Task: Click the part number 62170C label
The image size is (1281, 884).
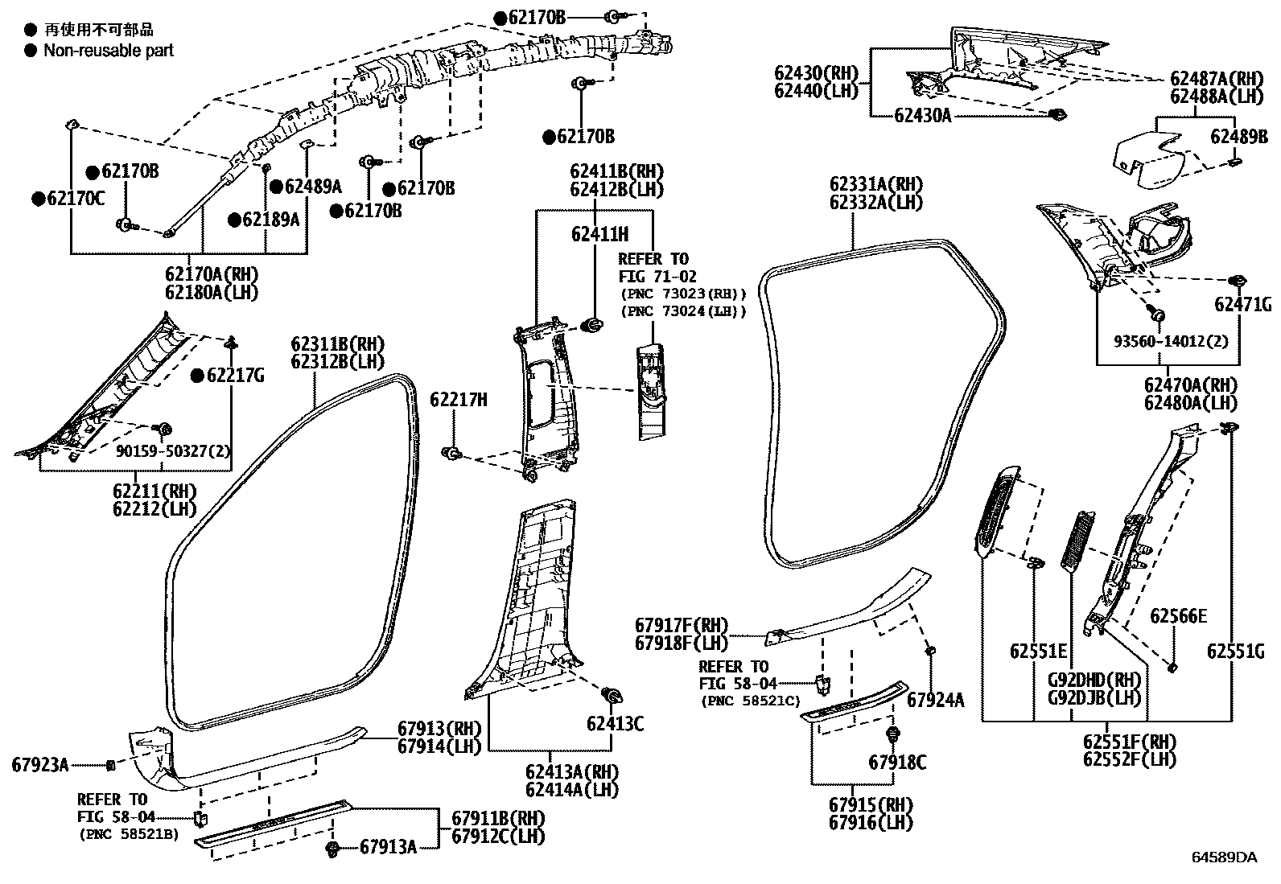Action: coord(74,199)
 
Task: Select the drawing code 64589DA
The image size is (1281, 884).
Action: coord(1224,857)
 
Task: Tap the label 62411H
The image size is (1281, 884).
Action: coord(599,234)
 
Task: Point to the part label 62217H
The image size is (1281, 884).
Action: coord(458,400)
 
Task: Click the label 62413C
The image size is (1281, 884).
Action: coord(615,723)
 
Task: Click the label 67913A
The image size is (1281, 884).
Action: coord(388,846)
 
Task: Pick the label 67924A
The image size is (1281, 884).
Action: coord(935,700)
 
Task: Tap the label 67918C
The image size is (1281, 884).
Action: coord(897,762)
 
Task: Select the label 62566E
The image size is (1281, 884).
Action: coord(1178,616)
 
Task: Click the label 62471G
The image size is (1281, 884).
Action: coord(1243,304)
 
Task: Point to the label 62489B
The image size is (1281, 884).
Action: coord(1239,137)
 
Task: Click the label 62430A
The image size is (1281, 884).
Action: coord(922,115)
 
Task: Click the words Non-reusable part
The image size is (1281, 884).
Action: coord(108,51)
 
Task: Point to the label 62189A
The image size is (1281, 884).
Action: coord(270,219)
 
